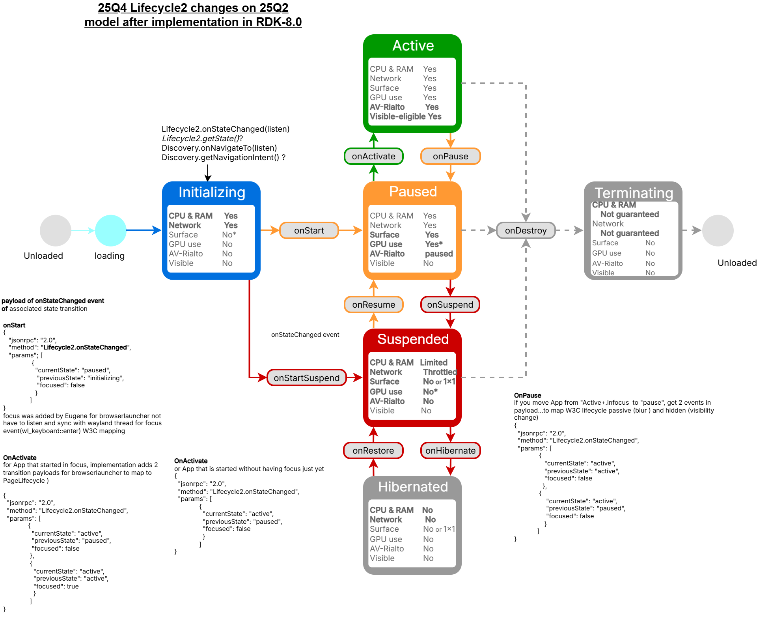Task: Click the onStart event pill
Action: click(x=309, y=230)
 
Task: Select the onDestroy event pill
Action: click(x=526, y=230)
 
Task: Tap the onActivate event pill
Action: click(x=373, y=156)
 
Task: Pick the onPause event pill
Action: click(x=450, y=156)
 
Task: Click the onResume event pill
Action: click(x=373, y=305)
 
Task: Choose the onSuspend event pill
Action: click(x=450, y=305)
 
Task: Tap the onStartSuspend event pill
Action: click(x=306, y=378)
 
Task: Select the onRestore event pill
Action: click(x=373, y=450)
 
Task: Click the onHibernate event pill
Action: click(x=450, y=450)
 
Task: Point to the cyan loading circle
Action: click(x=111, y=230)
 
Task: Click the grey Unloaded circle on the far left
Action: click(x=56, y=230)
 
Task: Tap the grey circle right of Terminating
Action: click(x=718, y=230)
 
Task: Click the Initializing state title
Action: click(x=212, y=192)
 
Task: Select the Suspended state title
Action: click(x=413, y=339)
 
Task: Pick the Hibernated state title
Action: click(x=413, y=487)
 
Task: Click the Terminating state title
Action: click(x=634, y=193)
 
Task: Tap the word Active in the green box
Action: click(x=413, y=46)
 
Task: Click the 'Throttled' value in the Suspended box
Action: click(x=440, y=372)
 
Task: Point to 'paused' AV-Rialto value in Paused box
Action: click(x=438, y=254)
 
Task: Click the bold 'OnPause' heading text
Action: click(x=528, y=395)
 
